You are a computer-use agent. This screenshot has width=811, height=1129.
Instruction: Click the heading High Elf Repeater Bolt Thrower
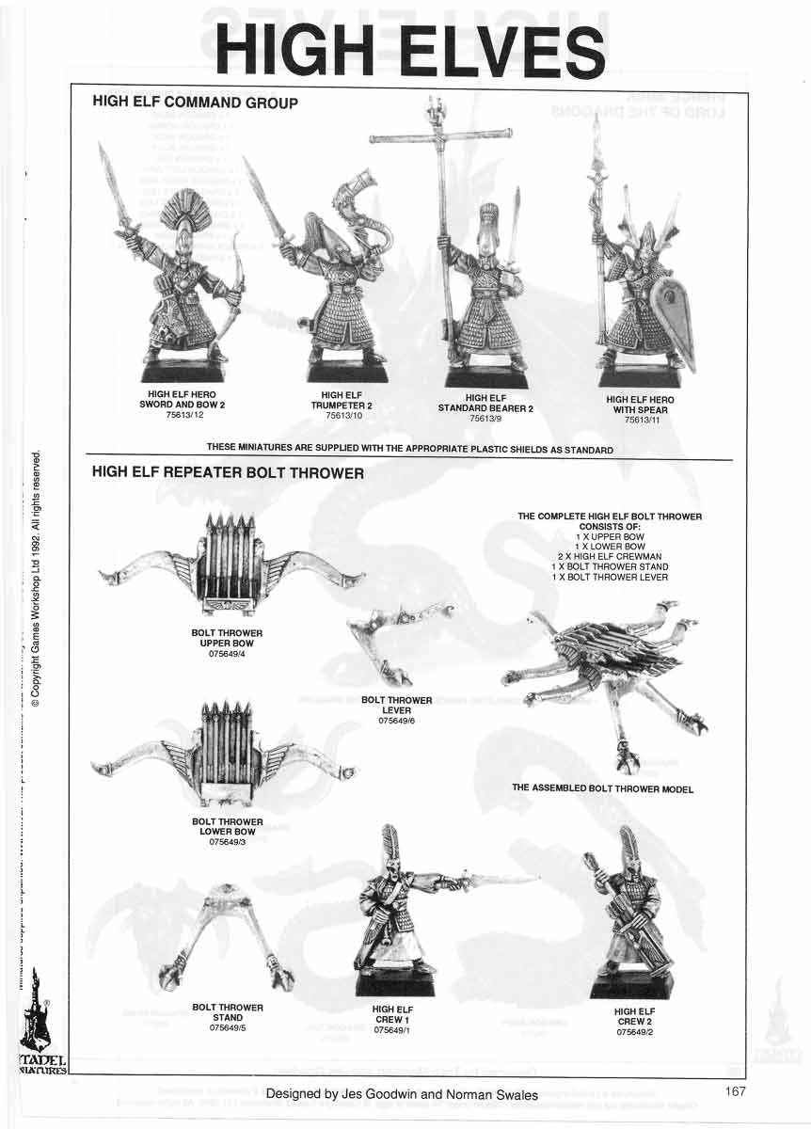(228, 473)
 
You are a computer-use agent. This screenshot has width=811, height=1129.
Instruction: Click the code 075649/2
(634, 1032)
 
